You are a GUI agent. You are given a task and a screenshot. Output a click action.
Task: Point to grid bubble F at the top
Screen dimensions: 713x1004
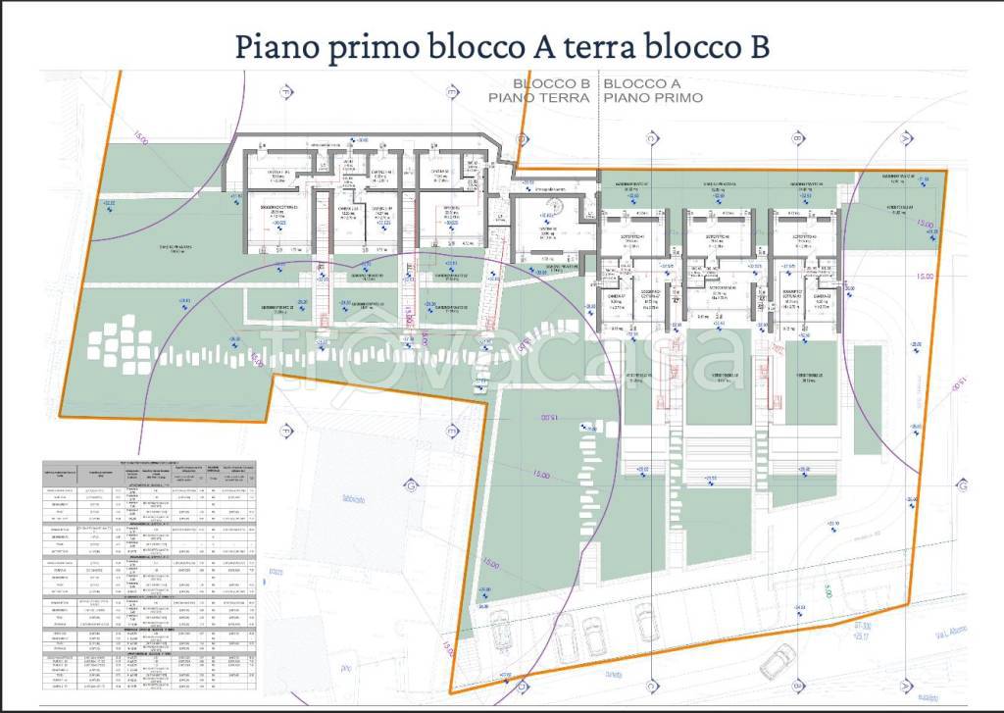[x=286, y=91]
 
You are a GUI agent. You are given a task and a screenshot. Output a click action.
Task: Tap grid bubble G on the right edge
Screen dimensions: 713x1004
[x=963, y=486]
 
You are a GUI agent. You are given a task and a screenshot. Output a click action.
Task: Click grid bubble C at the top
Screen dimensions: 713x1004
[x=650, y=139]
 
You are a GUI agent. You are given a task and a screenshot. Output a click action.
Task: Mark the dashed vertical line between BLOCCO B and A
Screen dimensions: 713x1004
[x=599, y=127]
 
